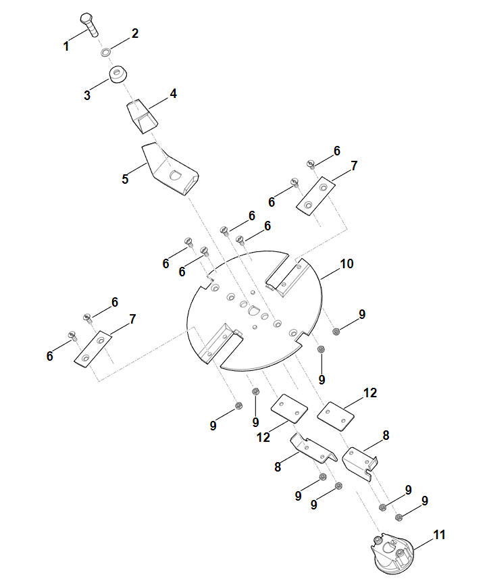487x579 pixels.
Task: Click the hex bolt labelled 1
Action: coord(90,25)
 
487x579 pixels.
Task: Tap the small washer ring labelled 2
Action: coord(105,52)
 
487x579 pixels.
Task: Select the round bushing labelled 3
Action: coord(118,74)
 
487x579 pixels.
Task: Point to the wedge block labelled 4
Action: coord(142,116)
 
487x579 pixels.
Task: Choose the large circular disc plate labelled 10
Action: coord(254,310)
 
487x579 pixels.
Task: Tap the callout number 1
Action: coord(66,47)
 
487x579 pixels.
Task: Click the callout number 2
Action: coord(135,33)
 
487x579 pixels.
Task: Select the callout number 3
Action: coord(87,95)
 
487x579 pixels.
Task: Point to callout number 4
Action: coord(173,93)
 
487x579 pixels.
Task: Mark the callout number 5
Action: coord(125,179)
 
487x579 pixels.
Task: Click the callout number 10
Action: coord(347,263)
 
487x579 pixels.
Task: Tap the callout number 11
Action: coord(439,534)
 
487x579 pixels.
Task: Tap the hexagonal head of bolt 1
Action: coord(86,19)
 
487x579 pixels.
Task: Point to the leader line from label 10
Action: coord(330,274)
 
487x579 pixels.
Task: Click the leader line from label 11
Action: coord(423,545)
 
